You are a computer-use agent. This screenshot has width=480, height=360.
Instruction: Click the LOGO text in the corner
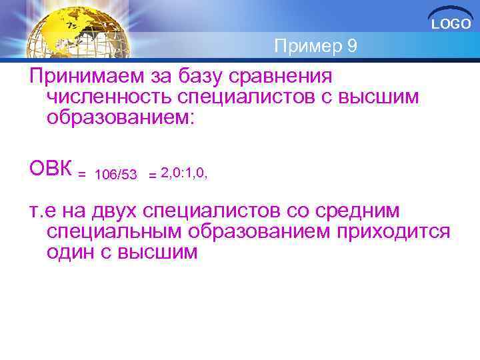[x=451, y=24]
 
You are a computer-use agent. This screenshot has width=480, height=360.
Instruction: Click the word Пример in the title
[x=307, y=46]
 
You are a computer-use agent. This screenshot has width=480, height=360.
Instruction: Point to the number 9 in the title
[x=352, y=46]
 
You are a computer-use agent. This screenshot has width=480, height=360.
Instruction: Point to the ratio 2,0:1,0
[x=184, y=173]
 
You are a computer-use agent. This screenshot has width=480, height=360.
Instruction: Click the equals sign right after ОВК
[x=82, y=175]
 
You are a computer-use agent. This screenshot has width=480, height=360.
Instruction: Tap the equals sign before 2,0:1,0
[x=153, y=175]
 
